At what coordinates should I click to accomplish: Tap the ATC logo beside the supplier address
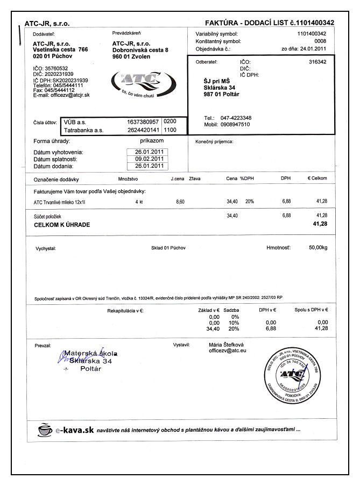tap(132, 81)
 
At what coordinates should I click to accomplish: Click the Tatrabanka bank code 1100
tap(171, 130)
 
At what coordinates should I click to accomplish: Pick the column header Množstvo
tap(128, 178)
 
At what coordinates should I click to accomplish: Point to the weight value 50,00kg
tap(317, 248)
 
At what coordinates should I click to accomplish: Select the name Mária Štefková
tap(227, 344)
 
